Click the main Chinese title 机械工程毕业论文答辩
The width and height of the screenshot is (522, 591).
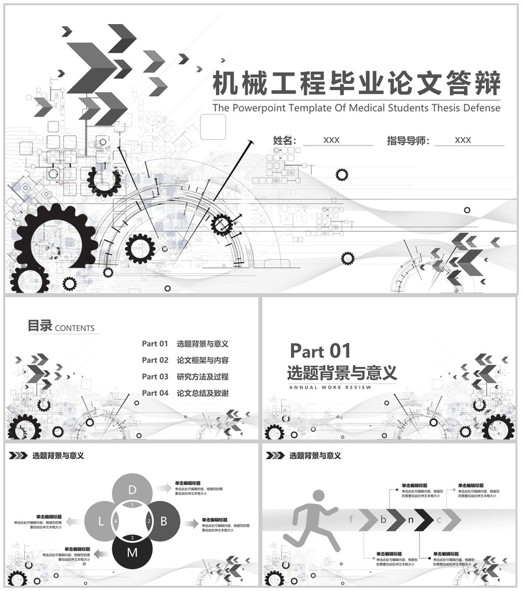tap(358, 84)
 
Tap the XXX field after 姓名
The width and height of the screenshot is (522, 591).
tap(331, 140)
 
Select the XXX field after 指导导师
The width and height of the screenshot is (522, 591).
tap(463, 140)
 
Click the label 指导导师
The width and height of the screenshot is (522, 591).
tap(408, 140)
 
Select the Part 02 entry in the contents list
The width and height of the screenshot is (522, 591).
tap(155, 360)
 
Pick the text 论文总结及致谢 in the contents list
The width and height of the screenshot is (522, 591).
tap(202, 393)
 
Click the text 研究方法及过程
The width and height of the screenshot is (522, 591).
tap(202, 377)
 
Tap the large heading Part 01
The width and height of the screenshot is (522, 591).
tap(320, 351)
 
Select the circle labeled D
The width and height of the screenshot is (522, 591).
tap(132, 490)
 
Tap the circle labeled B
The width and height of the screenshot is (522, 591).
tap(164, 521)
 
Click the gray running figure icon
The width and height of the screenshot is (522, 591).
tap(313, 519)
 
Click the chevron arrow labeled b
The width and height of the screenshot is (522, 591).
tap(385, 520)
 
